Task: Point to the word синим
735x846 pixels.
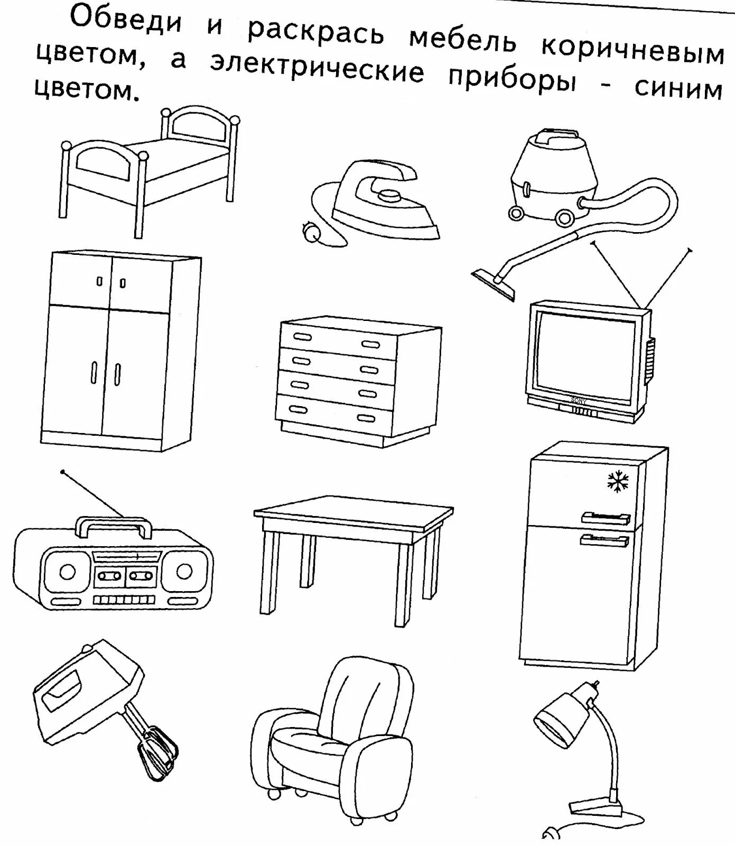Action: (678, 89)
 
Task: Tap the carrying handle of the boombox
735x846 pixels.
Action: (114, 525)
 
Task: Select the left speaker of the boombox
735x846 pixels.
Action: (68, 571)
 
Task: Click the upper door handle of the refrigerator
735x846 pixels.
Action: (605, 517)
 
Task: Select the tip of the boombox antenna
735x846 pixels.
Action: (63, 471)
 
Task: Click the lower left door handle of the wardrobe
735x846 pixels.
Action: (94, 374)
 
